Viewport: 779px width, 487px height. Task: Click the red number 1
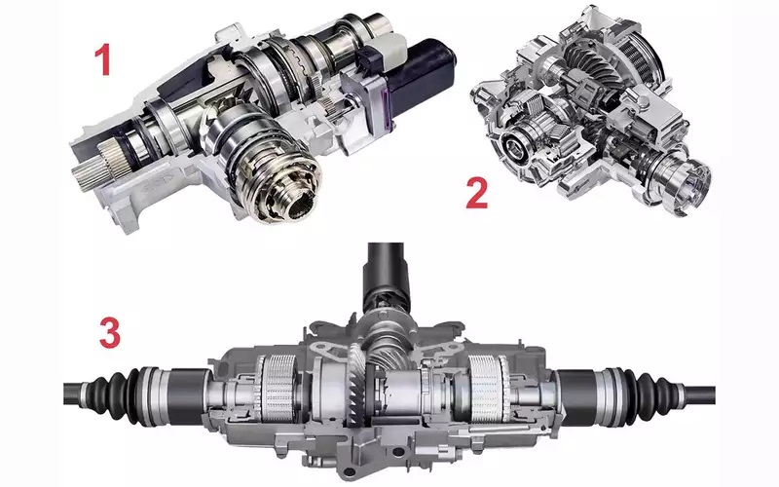coord(103,58)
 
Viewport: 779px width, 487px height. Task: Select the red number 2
coord(477,193)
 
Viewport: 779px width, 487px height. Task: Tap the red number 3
coord(110,332)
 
